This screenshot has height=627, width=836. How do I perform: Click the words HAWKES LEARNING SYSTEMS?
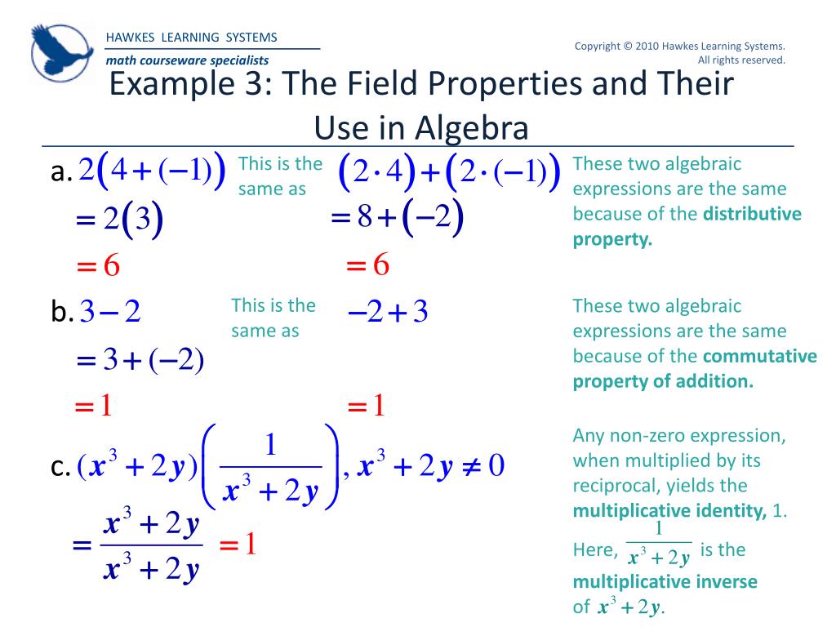click(192, 38)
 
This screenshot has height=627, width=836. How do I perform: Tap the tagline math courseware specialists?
click(187, 60)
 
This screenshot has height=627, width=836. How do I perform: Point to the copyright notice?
click(679, 52)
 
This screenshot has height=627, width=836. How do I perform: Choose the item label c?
click(59, 468)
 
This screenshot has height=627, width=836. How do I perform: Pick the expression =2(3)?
click(118, 220)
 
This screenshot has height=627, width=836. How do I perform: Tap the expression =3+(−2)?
click(139, 360)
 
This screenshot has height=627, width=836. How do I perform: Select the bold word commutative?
click(760, 357)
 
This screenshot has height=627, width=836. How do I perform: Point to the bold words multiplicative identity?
click(669, 511)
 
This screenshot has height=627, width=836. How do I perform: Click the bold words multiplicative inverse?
click(665, 582)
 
